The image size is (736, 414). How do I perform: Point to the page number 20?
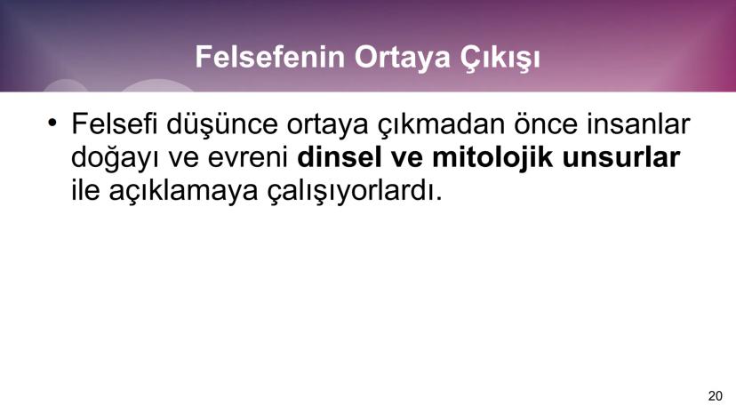pyautogui.click(x=716, y=395)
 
